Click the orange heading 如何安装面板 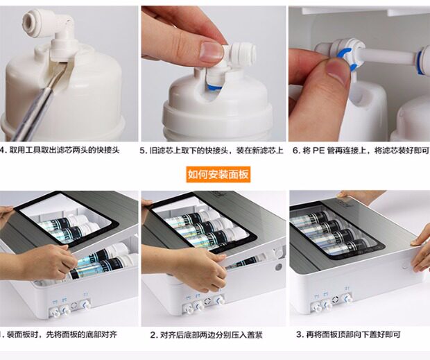tap(218, 174)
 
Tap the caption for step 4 tap(60, 151)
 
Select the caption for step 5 tap(212, 151)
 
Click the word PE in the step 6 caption tap(318, 151)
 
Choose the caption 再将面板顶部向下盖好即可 tap(348, 334)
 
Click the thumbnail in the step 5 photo tap(211, 51)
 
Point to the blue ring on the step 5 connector tap(215, 87)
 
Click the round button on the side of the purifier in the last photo tap(405, 266)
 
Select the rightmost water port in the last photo tap(347, 298)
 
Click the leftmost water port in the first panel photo tap(55, 311)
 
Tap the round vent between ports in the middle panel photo tap(207, 301)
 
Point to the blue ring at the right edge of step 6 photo tap(420, 61)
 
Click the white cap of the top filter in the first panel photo tap(80, 219)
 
